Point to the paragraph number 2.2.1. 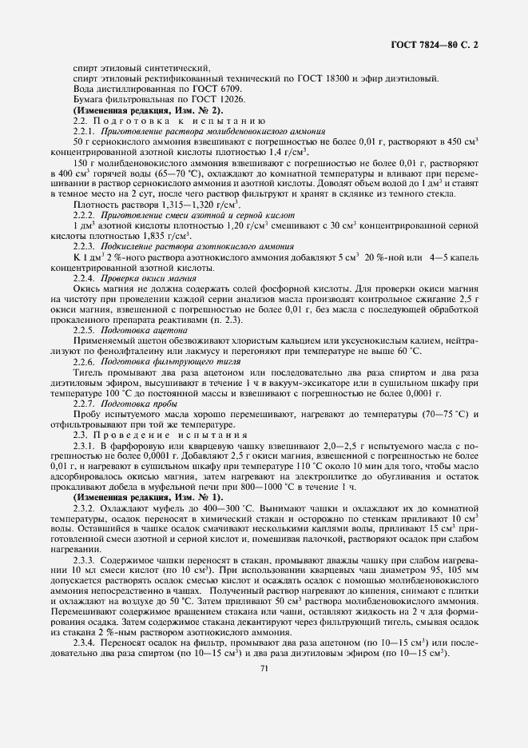pos(84,130)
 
